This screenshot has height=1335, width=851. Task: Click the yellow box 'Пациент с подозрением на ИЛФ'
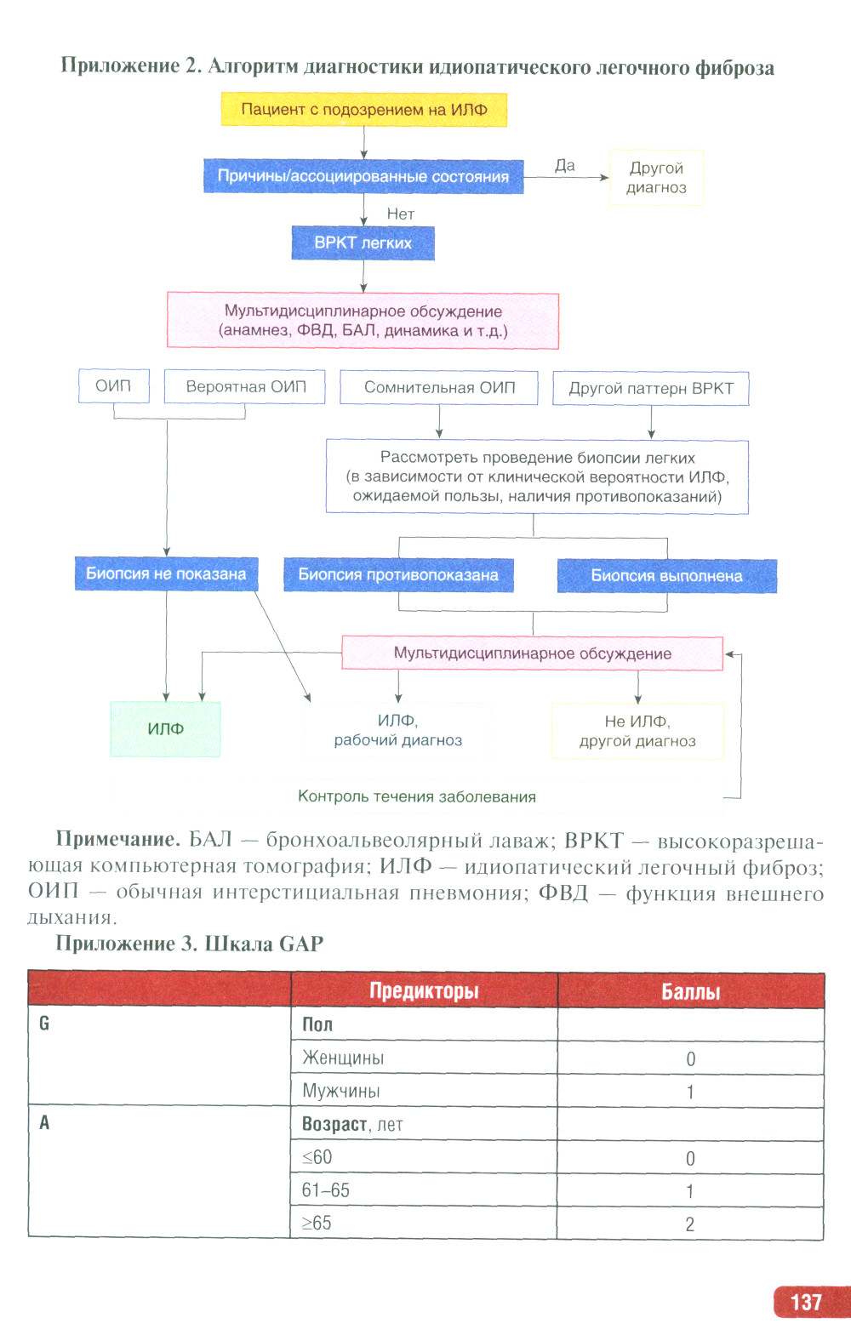point(364,110)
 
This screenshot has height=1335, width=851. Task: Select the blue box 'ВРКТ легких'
point(363,242)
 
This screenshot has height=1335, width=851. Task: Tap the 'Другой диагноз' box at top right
point(656,178)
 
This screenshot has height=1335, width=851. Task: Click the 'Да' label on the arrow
point(565,166)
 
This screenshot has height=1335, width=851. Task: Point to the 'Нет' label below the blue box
point(400,214)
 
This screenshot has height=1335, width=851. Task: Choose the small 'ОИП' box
point(113,386)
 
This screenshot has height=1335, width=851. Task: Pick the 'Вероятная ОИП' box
point(245,387)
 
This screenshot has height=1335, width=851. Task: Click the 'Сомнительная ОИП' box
point(439,388)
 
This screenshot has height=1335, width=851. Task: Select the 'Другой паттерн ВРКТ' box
point(651,389)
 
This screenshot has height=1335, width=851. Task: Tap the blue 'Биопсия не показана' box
point(166,574)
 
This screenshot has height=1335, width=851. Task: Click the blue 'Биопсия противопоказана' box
point(398,575)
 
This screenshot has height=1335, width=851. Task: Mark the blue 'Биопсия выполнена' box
point(666,576)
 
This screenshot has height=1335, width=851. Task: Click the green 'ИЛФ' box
point(165,729)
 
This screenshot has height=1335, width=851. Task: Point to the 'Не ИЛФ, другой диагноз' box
point(637,731)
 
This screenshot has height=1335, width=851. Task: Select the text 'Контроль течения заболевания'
point(417,797)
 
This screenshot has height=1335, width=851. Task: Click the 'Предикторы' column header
point(424,991)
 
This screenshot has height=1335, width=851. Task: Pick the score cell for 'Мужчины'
point(690,1093)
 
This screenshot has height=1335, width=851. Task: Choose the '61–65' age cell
point(423,1191)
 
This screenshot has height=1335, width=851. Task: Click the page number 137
point(806,1303)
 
